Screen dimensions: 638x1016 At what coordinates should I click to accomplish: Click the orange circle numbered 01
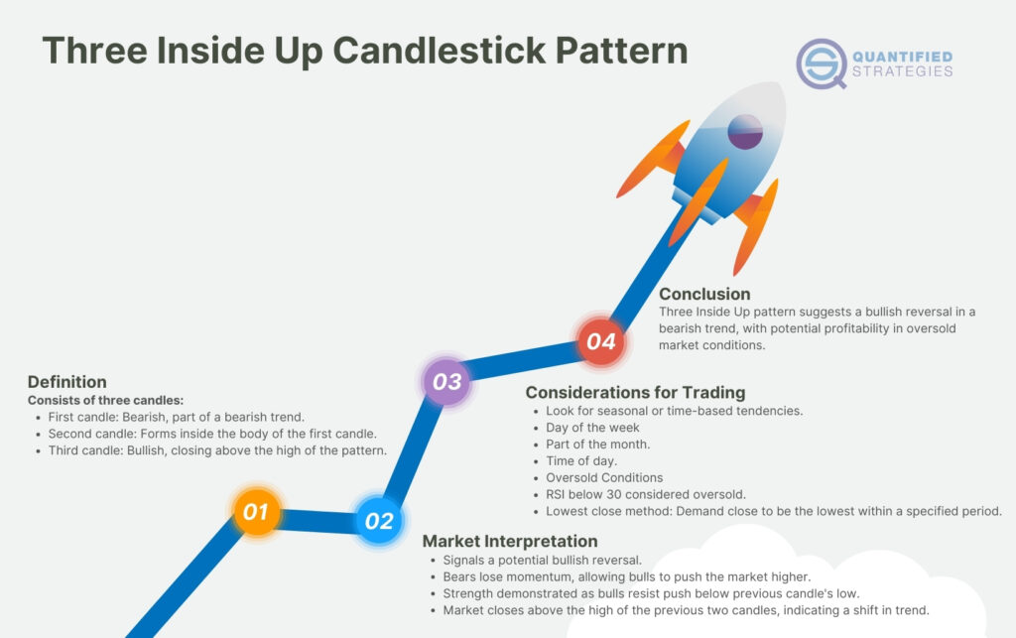(x=256, y=512)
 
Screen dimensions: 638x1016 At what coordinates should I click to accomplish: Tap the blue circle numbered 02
(x=379, y=521)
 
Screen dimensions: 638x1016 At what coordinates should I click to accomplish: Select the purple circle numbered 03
(x=446, y=381)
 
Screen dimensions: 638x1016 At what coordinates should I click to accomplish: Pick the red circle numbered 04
(x=601, y=341)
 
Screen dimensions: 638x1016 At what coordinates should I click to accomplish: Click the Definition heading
(x=66, y=382)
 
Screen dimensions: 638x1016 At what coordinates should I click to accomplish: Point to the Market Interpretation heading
(x=510, y=541)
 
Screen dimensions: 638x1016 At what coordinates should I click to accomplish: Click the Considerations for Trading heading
(x=635, y=392)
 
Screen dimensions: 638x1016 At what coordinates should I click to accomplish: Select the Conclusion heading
(x=704, y=294)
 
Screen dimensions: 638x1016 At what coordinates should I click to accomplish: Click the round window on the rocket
(x=745, y=132)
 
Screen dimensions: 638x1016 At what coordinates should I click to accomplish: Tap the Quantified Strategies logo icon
(x=822, y=64)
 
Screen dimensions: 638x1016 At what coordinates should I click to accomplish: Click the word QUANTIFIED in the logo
(x=903, y=56)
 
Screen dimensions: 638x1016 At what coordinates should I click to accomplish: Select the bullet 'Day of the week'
(x=592, y=428)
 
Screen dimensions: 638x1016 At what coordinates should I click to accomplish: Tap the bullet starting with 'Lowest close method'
(x=773, y=511)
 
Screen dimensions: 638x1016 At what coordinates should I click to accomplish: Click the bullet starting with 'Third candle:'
(x=216, y=450)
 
